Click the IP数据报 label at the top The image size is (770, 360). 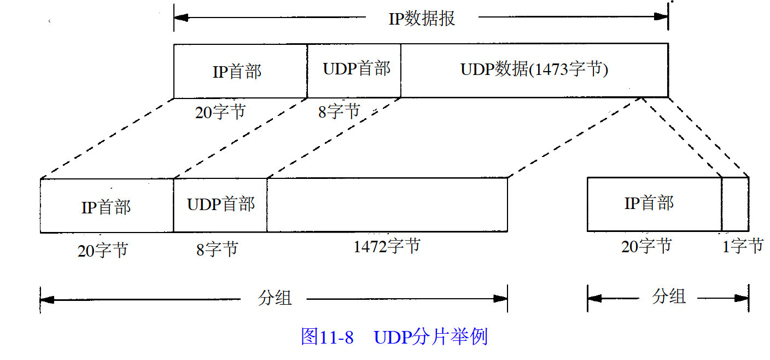click(422, 19)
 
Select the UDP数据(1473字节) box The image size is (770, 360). click(534, 71)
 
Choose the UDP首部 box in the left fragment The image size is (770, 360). click(220, 205)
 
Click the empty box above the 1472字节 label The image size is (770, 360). click(387, 205)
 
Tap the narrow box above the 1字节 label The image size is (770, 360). click(735, 204)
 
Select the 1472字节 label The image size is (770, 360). click(387, 246)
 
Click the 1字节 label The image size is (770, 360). click(742, 247)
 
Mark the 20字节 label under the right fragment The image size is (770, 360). click(646, 247)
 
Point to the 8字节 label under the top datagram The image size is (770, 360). click(339, 112)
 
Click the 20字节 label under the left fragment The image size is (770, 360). click(103, 251)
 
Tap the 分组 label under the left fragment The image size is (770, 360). click(275, 298)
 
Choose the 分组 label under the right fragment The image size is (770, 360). click(668, 297)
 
